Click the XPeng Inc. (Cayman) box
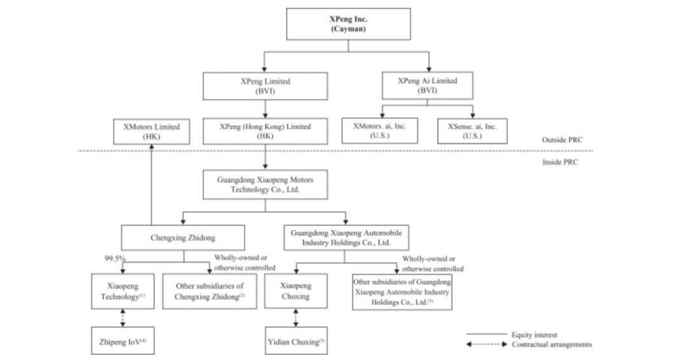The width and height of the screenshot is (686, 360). pyautogui.click(x=348, y=24)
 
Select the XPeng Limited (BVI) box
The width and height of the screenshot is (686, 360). pyautogui.click(x=265, y=86)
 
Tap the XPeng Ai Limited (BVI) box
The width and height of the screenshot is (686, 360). pyautogui.click(x=427, y=86)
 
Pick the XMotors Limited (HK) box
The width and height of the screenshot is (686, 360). pyautogui.click(x=151, y=131)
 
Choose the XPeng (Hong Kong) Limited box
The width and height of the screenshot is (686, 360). pyautogui.click(x=265, y=131)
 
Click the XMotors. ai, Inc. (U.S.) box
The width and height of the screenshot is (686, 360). pyautogui.click(x=380, y=131)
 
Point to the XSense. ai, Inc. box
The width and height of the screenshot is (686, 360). pyautogui.click(x=473, y=131)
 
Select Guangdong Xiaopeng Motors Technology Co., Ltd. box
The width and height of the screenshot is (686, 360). pyautogui.click(x=265, y=185)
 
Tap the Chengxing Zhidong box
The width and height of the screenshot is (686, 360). pyautogui.click(x=183, y=238)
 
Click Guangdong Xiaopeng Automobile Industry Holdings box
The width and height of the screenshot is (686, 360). pyautogui.click(x=346, y=237)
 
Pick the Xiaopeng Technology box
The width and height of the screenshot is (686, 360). pyautogui.click(x=123, y=291)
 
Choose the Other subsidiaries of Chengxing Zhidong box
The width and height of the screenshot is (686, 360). pyautogui.click(x=210, y=291)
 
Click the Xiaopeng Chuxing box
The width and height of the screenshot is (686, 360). pyautogui.click(x=296, y=291)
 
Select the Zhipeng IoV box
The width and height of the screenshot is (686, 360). pyautogui.click(x=123, y=341)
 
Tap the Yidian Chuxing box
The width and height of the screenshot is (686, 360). pyautogui.click(x=296, y=341)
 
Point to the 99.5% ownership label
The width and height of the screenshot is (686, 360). pyautogui.click(x=115, y=258)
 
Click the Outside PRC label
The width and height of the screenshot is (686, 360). pyautogui.click(x=562, y=140)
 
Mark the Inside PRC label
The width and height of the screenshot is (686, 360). pyautogui.click(x=560, y=162)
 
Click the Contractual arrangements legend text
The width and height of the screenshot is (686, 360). pyautogui.click(x=552, y=344)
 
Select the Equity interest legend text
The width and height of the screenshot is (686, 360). pyautogui.click(x=535, y=335)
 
